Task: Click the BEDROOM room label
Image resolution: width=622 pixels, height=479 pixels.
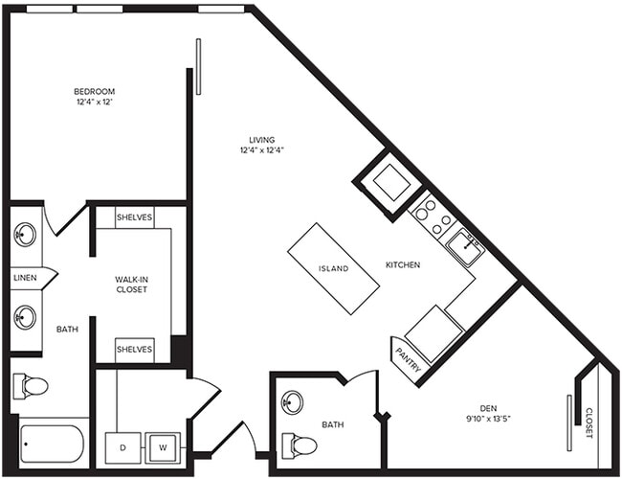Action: point(95,91)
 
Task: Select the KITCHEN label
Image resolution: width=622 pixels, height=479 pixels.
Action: point(403,264)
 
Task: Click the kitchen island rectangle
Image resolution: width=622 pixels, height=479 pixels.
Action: point(333,267)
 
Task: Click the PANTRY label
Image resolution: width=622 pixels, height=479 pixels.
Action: point(404,359)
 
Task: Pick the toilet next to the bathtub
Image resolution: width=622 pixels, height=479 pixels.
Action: point(31,386)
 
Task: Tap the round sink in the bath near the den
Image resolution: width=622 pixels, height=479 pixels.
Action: point(294,401)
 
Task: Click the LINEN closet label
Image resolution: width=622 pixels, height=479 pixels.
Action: point(26,278)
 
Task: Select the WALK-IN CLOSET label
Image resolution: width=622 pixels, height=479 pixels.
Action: point(132,284)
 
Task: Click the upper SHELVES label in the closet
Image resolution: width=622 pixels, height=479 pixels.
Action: point(134,217)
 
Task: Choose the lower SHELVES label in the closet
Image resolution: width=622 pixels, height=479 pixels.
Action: point(134,350)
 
